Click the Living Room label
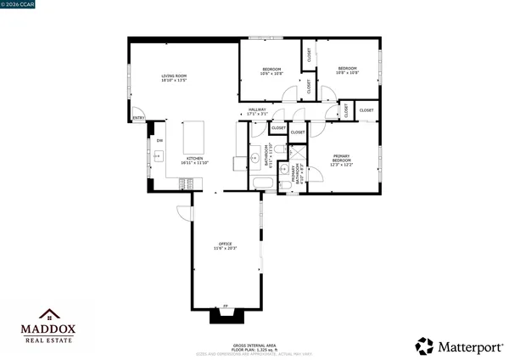pyautogui.click(x=174, y=78)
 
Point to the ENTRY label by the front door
pyautogui.click(x=138, y=117)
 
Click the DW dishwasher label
pyautogui.click(x=159, y=140)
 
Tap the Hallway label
pyautogui.click(x=257, y=110)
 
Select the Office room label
pyautogui.click(x=226, y=245)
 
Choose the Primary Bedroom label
pyautogui.click(x=342, y=158)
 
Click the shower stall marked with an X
pyautogui.click(x=297, y=153)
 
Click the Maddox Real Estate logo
pyautogui.click(x=48, y=325)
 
